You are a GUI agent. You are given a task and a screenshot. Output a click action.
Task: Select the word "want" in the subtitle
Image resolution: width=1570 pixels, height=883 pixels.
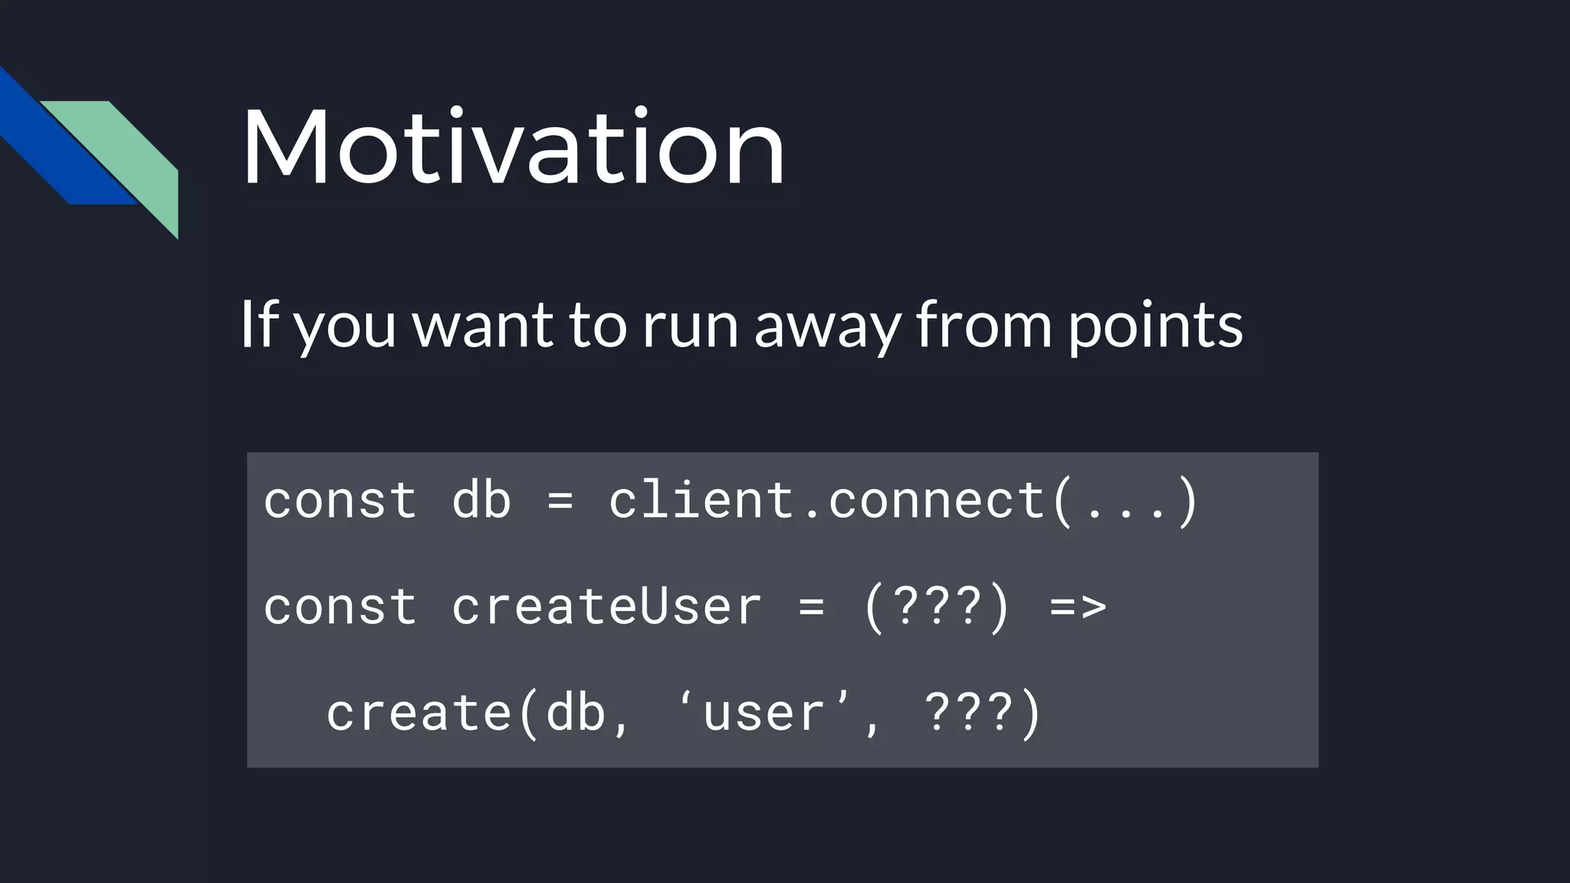tap(482, 324)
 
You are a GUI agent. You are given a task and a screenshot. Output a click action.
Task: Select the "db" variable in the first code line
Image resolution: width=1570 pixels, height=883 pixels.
tap(481, 500)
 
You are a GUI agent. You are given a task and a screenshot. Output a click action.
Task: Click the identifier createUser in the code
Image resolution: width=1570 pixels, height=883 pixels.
tap(606, 606)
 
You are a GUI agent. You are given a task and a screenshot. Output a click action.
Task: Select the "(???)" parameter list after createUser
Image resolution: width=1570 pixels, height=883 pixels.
tap(937, 606)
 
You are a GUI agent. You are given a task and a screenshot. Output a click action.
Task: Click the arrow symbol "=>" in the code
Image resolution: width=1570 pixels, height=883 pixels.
tap(1078, 606)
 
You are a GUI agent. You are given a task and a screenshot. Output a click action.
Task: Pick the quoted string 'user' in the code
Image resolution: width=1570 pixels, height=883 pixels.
tap(764, 712)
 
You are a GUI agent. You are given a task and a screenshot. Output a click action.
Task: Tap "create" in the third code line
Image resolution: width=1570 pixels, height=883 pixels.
tap(419, 712)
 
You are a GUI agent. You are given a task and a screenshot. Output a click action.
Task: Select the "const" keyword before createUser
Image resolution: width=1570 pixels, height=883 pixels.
tap(340, 606)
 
